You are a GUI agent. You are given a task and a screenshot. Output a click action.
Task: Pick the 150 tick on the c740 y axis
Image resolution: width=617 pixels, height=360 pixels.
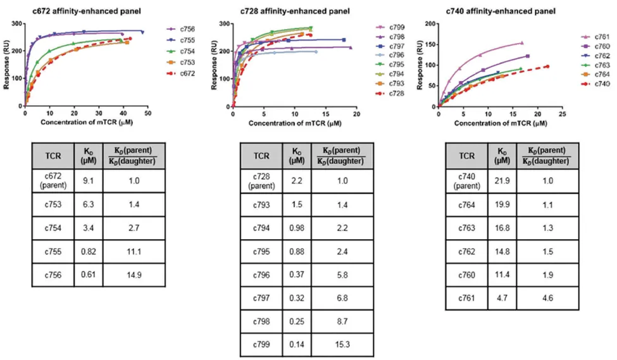click(428, 44)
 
